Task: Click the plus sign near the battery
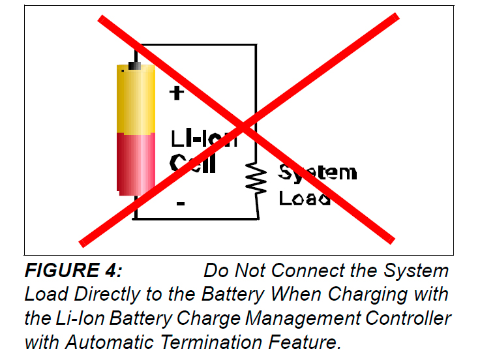click(x=175, y=93)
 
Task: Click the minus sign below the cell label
click(x=180, y=204)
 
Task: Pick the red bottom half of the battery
click(x=135, y=163)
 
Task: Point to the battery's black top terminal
click(x=135, y=66)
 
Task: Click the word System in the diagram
click(x=318, y=173)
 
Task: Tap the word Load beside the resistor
click(x=304, y=197)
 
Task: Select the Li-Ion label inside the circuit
click(x=203, y=139)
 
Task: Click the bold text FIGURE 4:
click(x=74, y=271)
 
